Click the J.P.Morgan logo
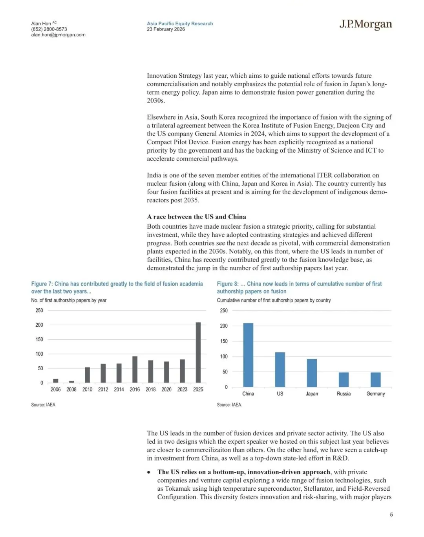tap(366, 25)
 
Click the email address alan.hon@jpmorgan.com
tap(58, 35)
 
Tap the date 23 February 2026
tap(166, 29)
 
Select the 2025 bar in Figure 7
tap(198, 352)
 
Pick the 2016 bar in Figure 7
tap(135, 369)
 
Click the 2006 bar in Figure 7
tap(56, 380)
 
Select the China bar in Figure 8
tap(248, 355)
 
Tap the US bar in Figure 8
tap(280, 369)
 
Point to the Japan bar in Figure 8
tap(312, 373)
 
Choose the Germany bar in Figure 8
tap(376, 379)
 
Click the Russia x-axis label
tap(344, 394)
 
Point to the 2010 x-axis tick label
tap(87, 390)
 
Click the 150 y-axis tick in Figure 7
tap(39, 339)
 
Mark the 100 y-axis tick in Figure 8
tap(224, 357)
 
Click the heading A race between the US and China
tap(196, 217)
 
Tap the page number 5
tap(391, 515)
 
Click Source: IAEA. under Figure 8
tap(229, 405)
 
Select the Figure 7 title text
tap(117, 288)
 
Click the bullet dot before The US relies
tap(149, 472)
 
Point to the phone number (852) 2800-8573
tap(49, 29)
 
